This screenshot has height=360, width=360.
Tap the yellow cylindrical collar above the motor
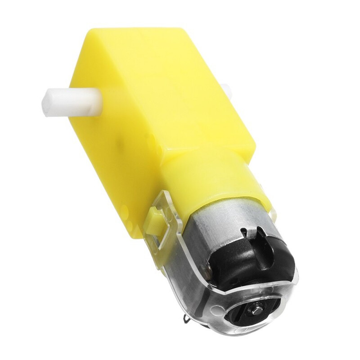[209, 176]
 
